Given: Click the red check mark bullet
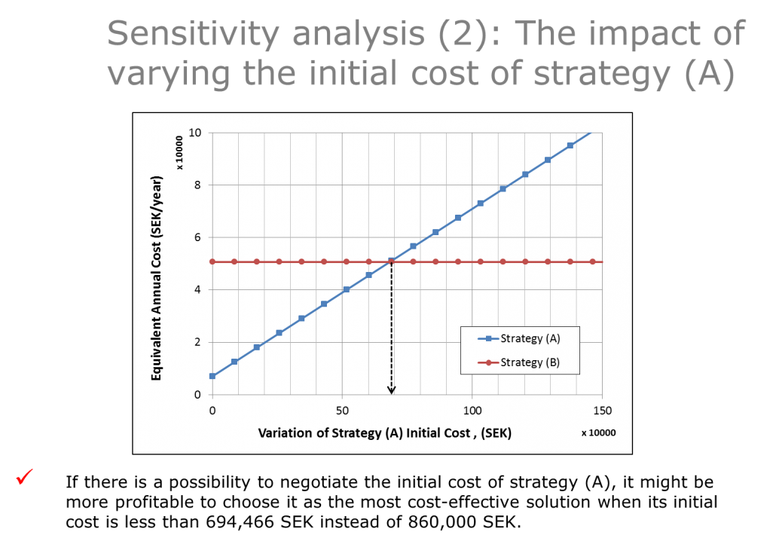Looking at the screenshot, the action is (x=24, y=477).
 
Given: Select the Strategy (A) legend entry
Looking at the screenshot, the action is (x=519, y=338).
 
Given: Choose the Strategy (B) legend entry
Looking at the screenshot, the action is (x=519, y=362).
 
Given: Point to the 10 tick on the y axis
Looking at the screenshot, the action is (x=195, y=133).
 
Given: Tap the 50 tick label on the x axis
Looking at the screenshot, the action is (x=342, y=411).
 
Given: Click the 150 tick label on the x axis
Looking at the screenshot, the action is (x=602, y=411).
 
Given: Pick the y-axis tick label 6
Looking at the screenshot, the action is (x=197, y=237).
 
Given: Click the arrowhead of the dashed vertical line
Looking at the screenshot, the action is (x=392, y=390).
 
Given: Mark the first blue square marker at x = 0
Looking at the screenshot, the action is (x=212, y=376).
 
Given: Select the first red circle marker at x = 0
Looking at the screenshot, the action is (x=212, y=262).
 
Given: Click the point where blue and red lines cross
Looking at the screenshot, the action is (x=392, y=261).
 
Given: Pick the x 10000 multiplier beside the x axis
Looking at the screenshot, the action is (x=598, y=433).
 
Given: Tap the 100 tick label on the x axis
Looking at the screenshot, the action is (x=472, y=411).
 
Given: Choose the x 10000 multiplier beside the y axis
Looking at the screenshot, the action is (x=179, y=152).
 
